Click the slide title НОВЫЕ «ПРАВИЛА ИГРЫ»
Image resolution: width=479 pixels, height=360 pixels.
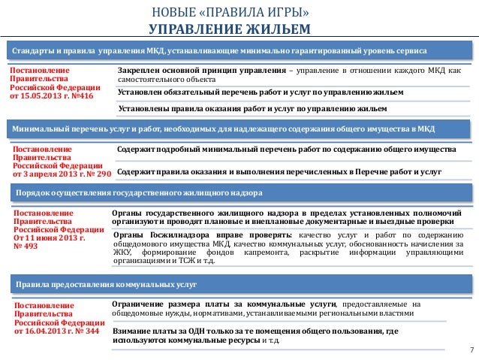[240, 14]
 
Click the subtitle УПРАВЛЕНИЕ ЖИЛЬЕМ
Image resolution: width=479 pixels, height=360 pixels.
[240, 30]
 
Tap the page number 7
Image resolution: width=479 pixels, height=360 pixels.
[470, 351]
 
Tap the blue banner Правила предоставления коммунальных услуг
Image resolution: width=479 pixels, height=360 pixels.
[98, 283]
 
